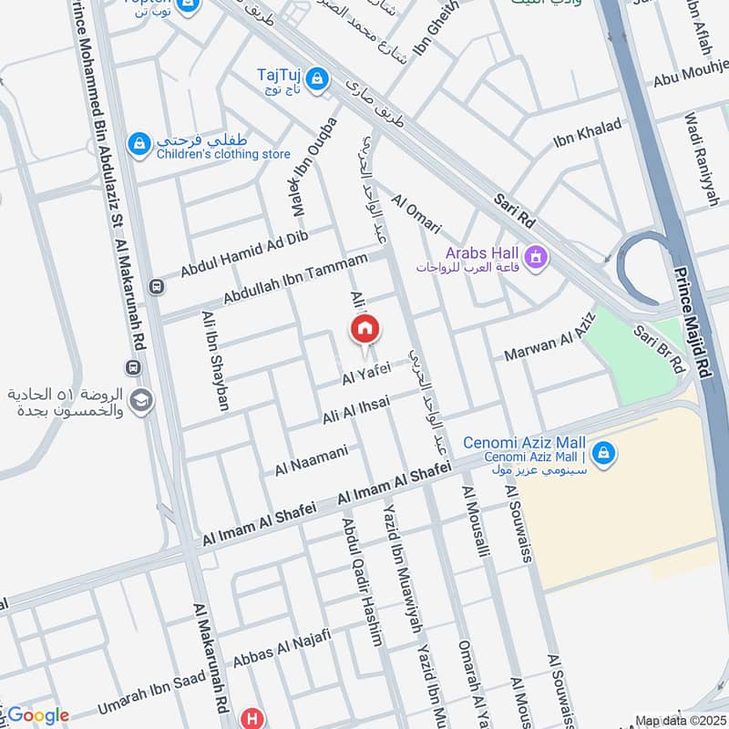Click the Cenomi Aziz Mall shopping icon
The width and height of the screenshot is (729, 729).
click(x=601, y=451)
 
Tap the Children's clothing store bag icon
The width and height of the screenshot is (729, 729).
click(x=139, y=144)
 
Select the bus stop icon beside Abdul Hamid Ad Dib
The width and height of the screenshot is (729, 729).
click(x=159, y=287)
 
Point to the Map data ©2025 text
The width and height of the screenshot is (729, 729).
click(x=679, y=721)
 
